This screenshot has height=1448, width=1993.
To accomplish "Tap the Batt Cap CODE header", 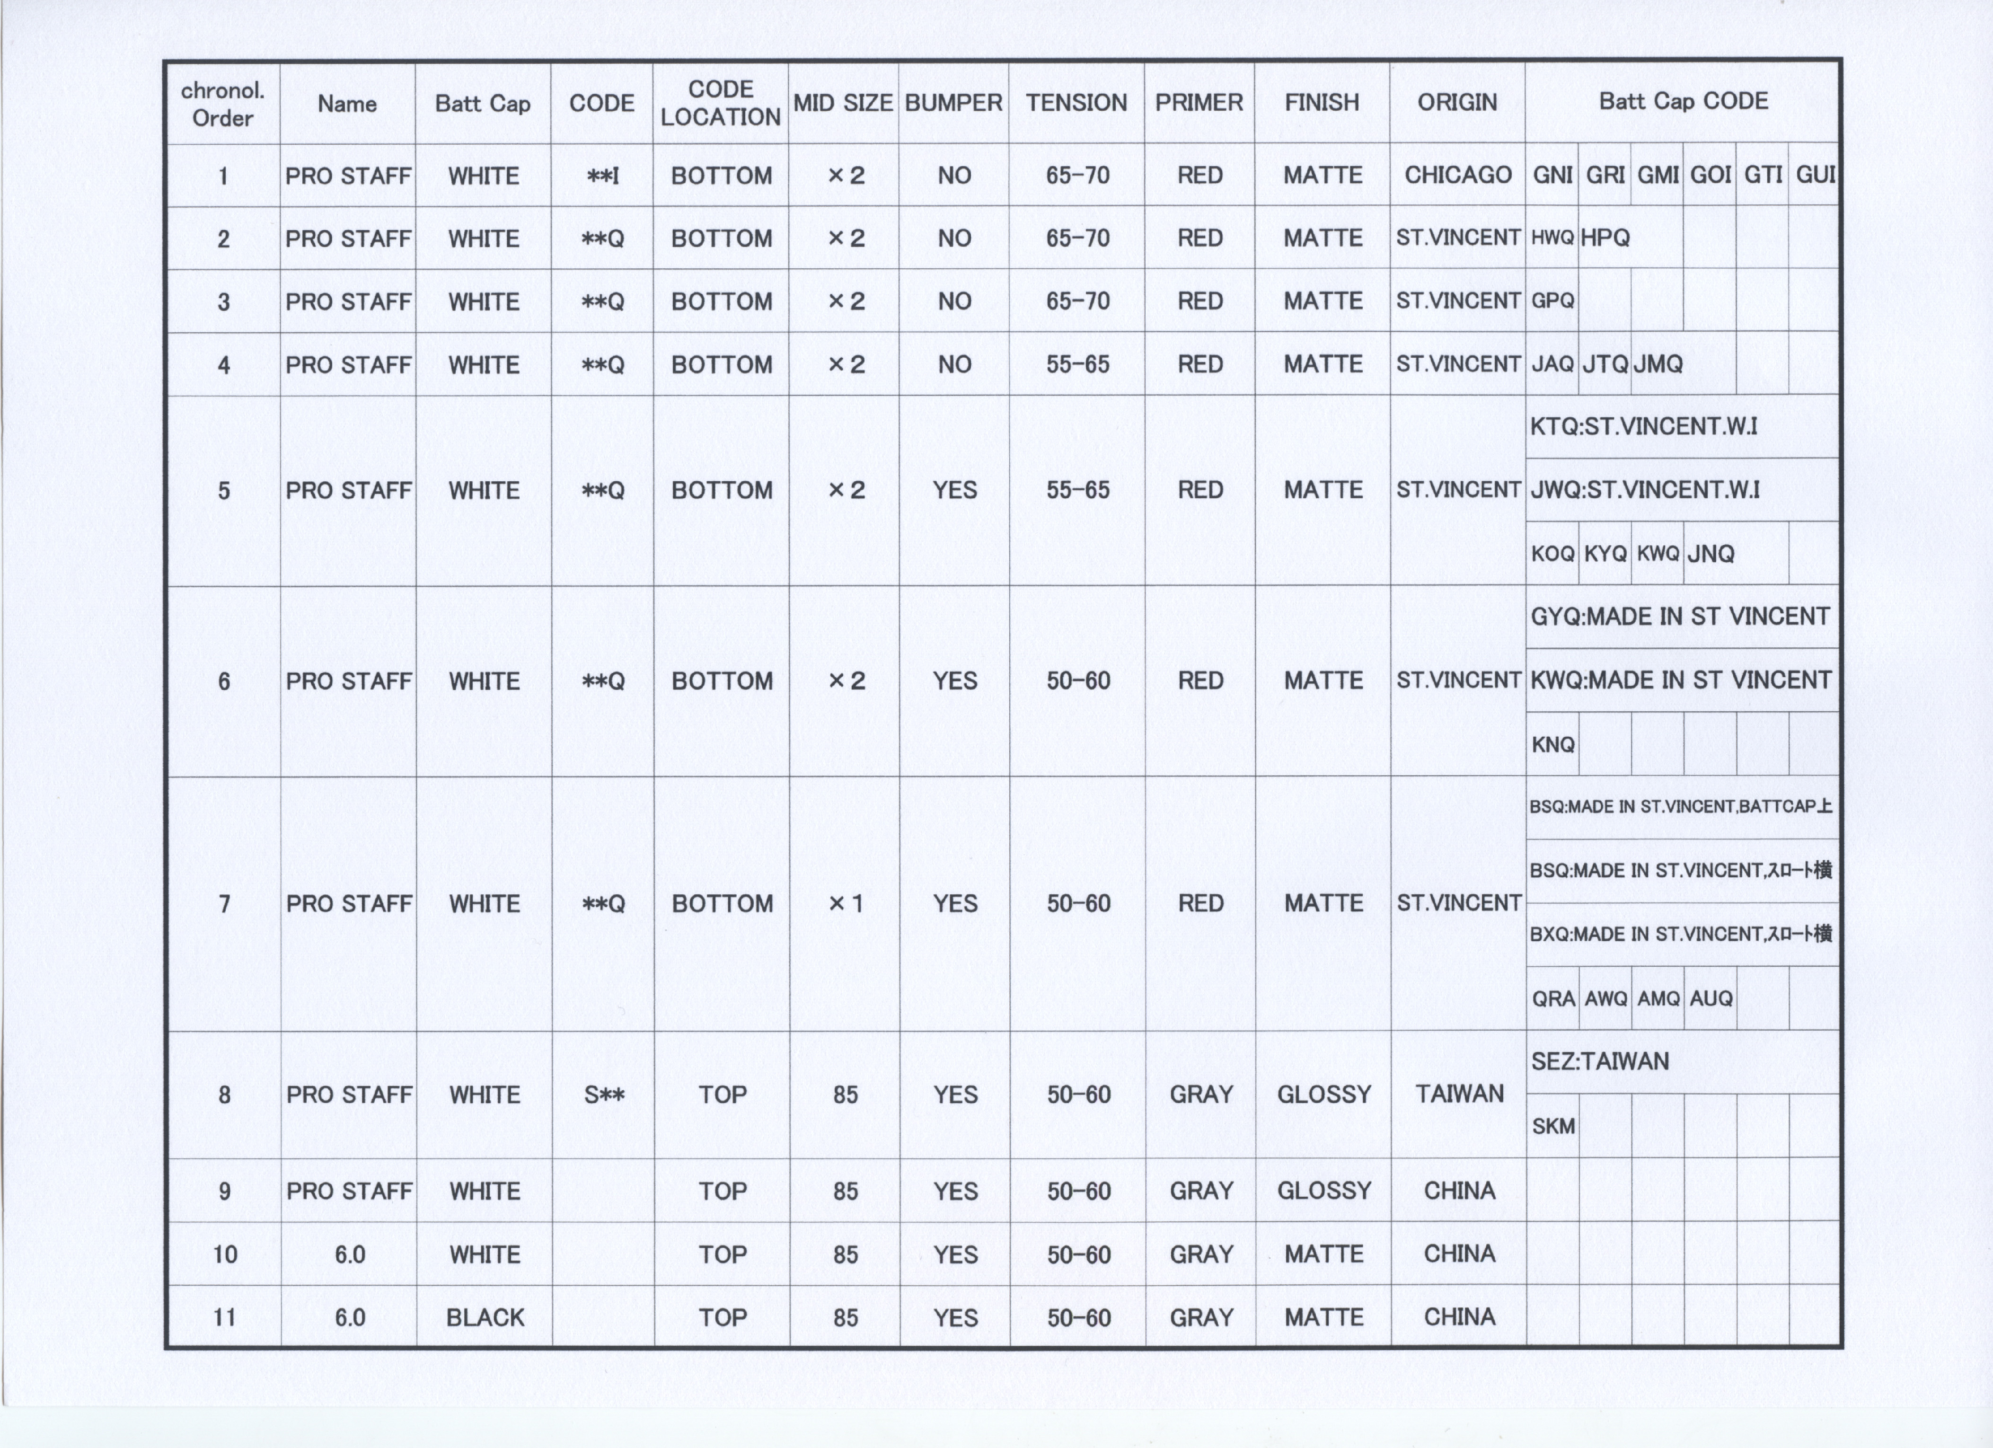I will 1683,101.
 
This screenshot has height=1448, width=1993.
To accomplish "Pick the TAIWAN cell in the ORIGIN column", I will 1459,1094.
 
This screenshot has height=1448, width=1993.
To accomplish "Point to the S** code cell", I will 604,1095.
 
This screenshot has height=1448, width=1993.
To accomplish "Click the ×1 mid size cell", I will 846,903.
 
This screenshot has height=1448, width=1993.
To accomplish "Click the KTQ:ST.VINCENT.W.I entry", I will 1643,427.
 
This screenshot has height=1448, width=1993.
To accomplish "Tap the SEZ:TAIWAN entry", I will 1599,1061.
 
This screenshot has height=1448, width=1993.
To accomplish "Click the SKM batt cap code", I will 1553,1126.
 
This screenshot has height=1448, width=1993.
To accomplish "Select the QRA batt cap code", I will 1553,999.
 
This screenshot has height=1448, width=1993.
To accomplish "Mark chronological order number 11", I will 224,1317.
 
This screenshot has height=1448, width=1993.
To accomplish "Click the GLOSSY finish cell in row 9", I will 1323,1191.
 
